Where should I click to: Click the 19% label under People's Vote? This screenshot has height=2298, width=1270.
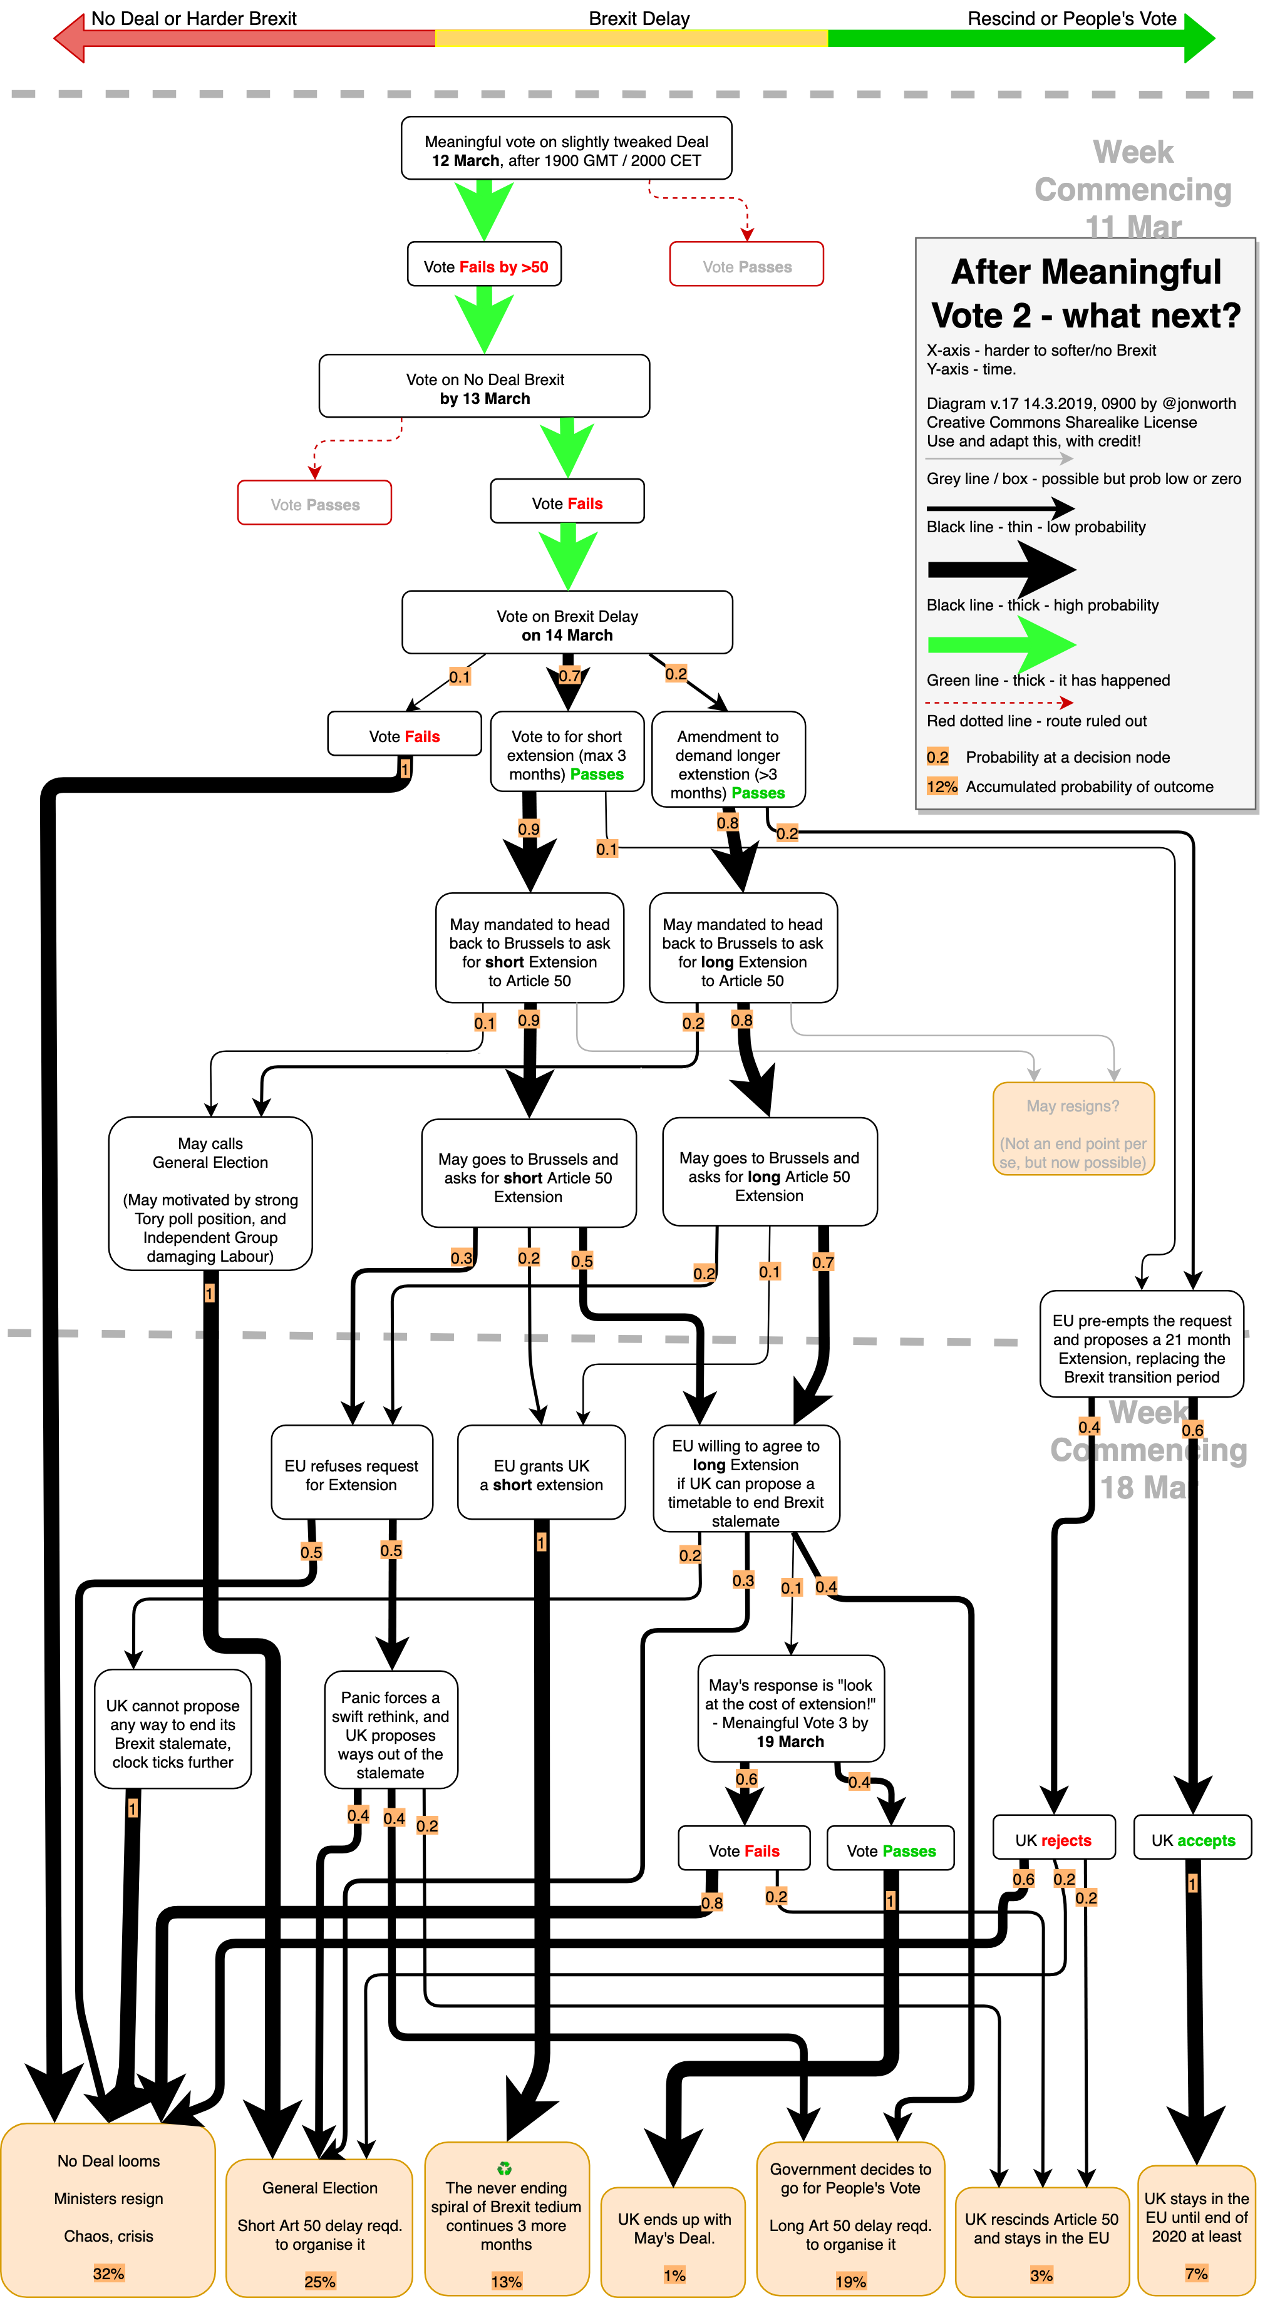click(850, 2281)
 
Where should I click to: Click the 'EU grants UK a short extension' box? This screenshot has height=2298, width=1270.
click(541, 1475)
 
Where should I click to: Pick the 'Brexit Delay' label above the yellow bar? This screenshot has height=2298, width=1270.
click(638, 19)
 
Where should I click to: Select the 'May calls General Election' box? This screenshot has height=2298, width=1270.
click(210, 1193)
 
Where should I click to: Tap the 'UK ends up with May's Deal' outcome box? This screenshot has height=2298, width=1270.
click(673, 2239)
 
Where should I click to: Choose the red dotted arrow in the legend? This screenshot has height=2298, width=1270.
click(999, 703)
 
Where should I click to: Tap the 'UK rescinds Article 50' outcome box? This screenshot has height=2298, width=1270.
click(1041, 2239)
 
